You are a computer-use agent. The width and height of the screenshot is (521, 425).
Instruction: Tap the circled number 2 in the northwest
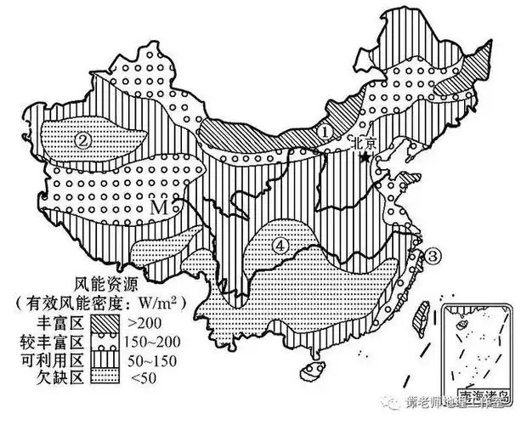click(x=82, y=140)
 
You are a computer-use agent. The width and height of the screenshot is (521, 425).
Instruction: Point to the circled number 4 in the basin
click(x=280, y=245)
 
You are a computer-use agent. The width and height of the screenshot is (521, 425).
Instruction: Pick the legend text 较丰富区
click(x=51, y=342)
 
